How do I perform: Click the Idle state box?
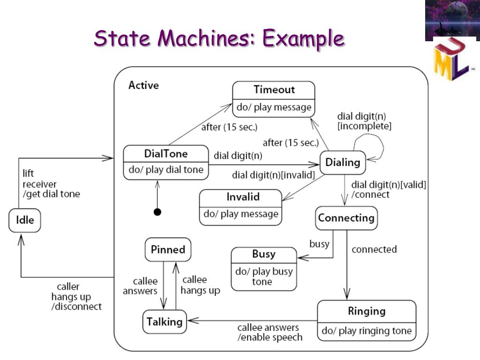pos(25,220)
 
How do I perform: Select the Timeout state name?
pos(274,90)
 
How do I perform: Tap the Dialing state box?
pos(343,163)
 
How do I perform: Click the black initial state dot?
pos(157,212)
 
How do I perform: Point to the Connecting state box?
pos(346,218)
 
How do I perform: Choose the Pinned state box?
pos(168,250)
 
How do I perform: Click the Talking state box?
pos(164,322)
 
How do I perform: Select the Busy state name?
pos(263,254)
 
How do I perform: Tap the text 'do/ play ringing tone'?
pos(366,331)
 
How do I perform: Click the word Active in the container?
pos(143,85)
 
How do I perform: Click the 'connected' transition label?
pos(374,249)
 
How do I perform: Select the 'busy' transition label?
pos(319,244)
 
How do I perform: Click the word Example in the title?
pos(303,38)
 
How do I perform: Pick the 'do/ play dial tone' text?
pos(165,170)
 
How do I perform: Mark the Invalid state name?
pos(242,197)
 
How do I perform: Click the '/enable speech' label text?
pos(270,337)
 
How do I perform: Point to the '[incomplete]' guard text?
pos(364,126)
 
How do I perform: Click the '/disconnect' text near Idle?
pos(76,307)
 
